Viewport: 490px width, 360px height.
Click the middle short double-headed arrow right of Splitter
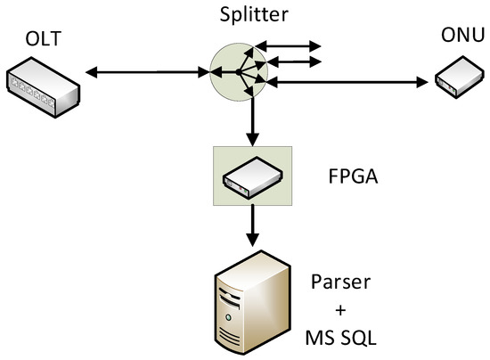pyautogui.click(x=294, y=61)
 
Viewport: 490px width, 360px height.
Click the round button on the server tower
pyautogui.click(x=233, y=315)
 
